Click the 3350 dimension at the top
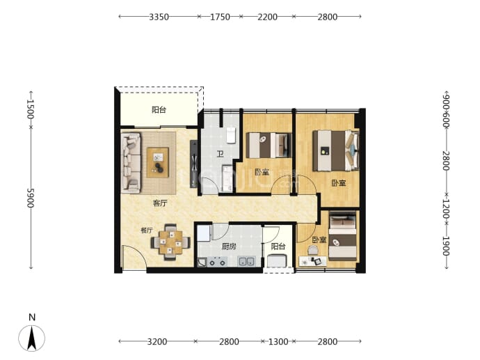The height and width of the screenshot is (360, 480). click(x=159, y=17)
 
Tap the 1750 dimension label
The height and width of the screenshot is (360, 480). click(x=220, y=17)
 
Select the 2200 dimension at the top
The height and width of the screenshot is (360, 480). click(x=267, y=17)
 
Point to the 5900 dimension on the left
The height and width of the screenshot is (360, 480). click(x=31, y=198)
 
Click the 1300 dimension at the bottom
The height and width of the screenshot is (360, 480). click(x=278, y=341)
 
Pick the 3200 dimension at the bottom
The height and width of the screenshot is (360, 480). click(x=157, y=341)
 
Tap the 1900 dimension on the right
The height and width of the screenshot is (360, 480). click(x=446, y=246)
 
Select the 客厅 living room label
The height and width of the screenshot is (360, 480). click(x=160, y=203)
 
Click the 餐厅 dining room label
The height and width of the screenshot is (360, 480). click(x=147, y=230)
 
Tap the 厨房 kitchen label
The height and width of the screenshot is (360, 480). click(x=229, y=246)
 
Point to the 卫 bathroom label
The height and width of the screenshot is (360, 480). click(x=220, y=154)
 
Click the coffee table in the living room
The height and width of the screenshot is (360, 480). click(x=158, y=162)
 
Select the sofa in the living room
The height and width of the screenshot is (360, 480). click(x=131, y=162)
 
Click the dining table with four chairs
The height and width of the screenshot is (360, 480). click(x=170, y=242)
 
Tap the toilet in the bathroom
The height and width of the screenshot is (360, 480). click(x=230, y=135)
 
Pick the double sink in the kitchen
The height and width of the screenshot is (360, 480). click(x=247, y=261)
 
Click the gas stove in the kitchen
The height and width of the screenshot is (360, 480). click(x=217, y=263)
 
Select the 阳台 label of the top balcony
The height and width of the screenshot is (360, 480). click(x=159, y=109)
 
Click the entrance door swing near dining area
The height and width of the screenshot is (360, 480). click(x=134, y=258)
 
